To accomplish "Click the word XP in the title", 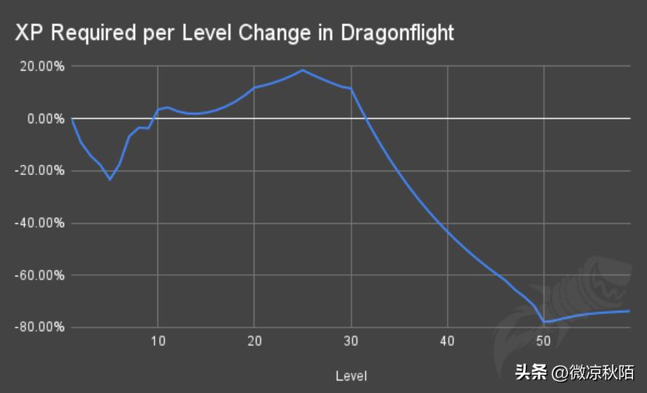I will click(26, 33).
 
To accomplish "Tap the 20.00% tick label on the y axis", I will click(42, 66).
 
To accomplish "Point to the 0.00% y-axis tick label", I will click(45, 118).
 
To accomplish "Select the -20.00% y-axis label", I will click(40, 171).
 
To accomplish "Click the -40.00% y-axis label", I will click(40, 223).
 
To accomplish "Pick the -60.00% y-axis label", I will click(40, 276).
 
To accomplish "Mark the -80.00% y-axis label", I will click(40, 327).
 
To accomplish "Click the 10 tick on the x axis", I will click(158, 341).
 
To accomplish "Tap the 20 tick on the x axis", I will click(255, 341).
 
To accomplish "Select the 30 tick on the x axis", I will click(352, 341).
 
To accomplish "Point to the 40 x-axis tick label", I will click(448, 341).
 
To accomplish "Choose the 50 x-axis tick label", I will click(544, 341).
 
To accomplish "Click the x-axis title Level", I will click(351, 376).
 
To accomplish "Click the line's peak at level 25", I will click(303, 70).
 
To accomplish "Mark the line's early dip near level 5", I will click(110, 179).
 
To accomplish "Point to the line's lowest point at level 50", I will click(544, 322).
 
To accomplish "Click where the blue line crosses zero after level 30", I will click(366, 118).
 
